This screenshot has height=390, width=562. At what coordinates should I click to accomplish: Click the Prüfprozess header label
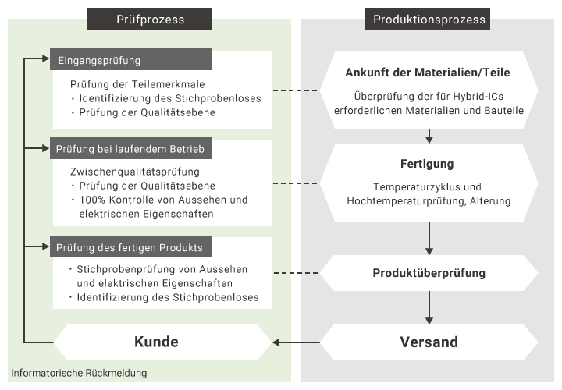pyautogui.click(x=149, y=19)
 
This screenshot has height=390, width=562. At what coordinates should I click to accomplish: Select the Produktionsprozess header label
pyautogui.click(x=429, y=19)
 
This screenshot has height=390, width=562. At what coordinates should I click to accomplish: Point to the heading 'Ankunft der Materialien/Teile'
pyautogui.click(x=428, y=73)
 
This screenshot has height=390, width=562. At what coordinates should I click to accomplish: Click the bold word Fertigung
pyautogui.click(x=427, y=165)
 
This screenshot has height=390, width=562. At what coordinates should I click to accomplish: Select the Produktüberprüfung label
pyautogui.click(x=429, y=273)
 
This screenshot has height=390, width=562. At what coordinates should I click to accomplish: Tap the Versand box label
pyautogui.click(x=429, y=342)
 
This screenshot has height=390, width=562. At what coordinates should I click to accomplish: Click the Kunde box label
pyautogui.click(x=156, y=342)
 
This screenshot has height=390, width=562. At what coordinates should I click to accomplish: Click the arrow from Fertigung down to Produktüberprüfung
pyautogui.click(x=429, y=237)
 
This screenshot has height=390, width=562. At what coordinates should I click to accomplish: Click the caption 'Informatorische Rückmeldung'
pyautogui.click(x=79, y=373)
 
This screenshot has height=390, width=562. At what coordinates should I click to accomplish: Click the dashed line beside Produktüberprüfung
pyautogui.click(x=297, y=273)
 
